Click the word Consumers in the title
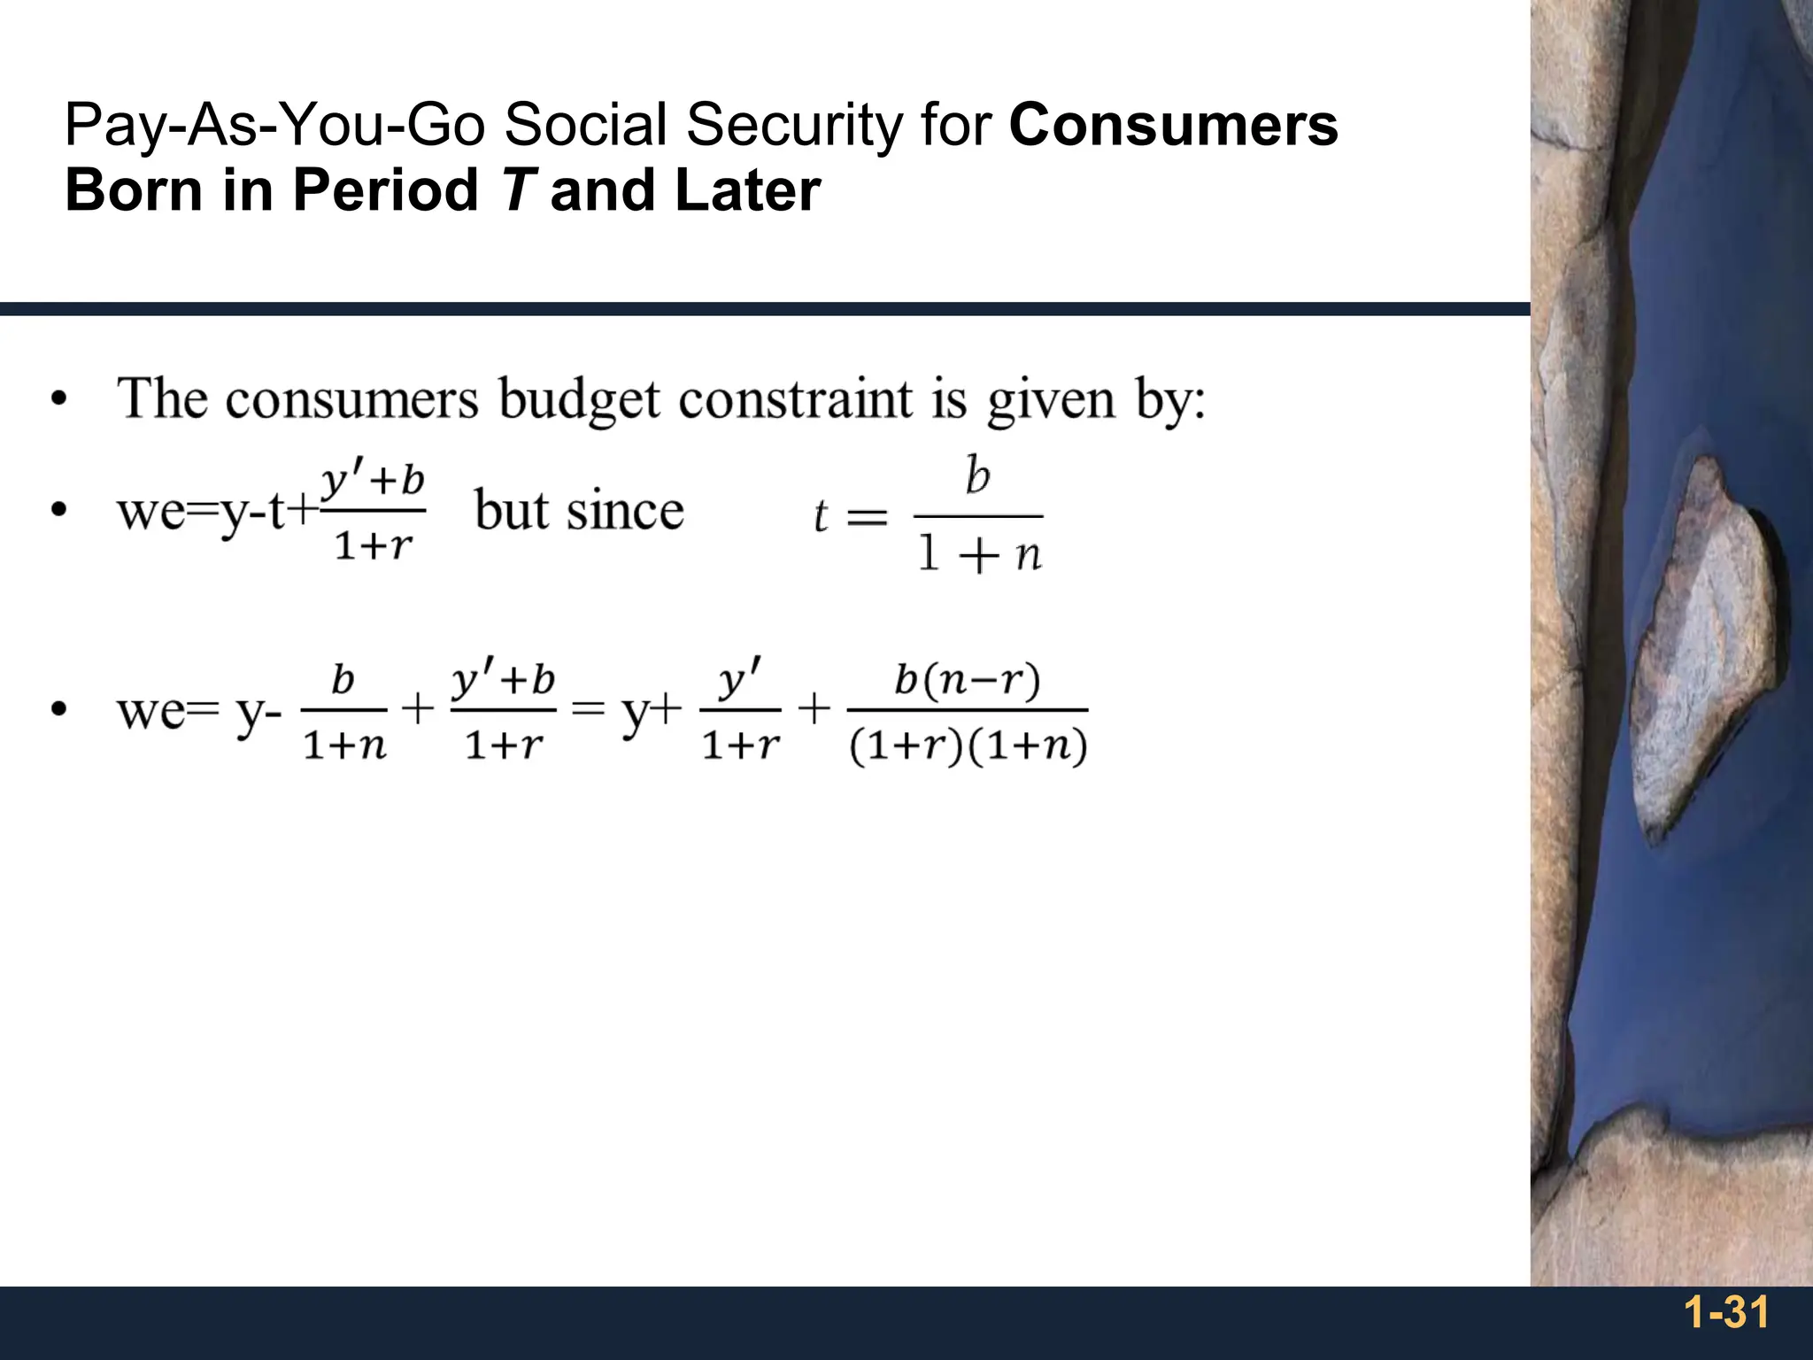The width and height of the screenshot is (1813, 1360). [1173, 125]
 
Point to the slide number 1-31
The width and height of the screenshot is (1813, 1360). [1725, 1313]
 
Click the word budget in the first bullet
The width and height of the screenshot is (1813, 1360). [579, 399]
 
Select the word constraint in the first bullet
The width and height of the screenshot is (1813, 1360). [795, 399]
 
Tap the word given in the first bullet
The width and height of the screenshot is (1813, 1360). [1051, 401]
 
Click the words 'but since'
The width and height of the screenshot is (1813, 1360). [579, 511]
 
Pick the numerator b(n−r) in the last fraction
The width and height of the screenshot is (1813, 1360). [967, 680]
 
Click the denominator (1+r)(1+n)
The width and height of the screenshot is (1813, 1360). [967, 746]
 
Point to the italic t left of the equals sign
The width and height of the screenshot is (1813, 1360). [821, 516]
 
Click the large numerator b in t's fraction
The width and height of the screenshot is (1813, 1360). [977, 475]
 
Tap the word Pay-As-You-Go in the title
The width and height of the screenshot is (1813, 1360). [274, 125]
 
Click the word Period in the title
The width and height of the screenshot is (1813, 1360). [385, 190]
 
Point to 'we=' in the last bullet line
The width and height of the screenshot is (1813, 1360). [166, 711]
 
